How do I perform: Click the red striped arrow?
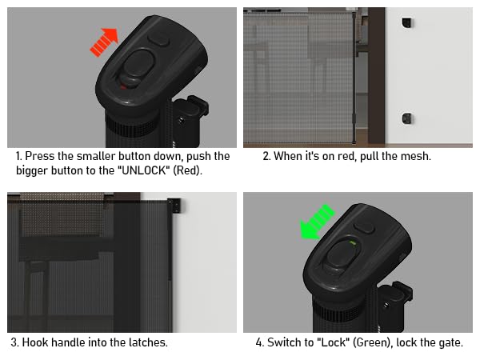coord(104,42)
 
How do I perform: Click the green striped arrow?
coord(317,222)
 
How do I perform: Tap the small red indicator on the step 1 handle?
coord(122,87)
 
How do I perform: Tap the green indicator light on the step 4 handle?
coord(353,243)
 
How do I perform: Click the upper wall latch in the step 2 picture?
coord(407,22)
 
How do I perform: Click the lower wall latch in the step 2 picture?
coord(407,118)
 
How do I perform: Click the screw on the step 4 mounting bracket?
coord(386,305)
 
